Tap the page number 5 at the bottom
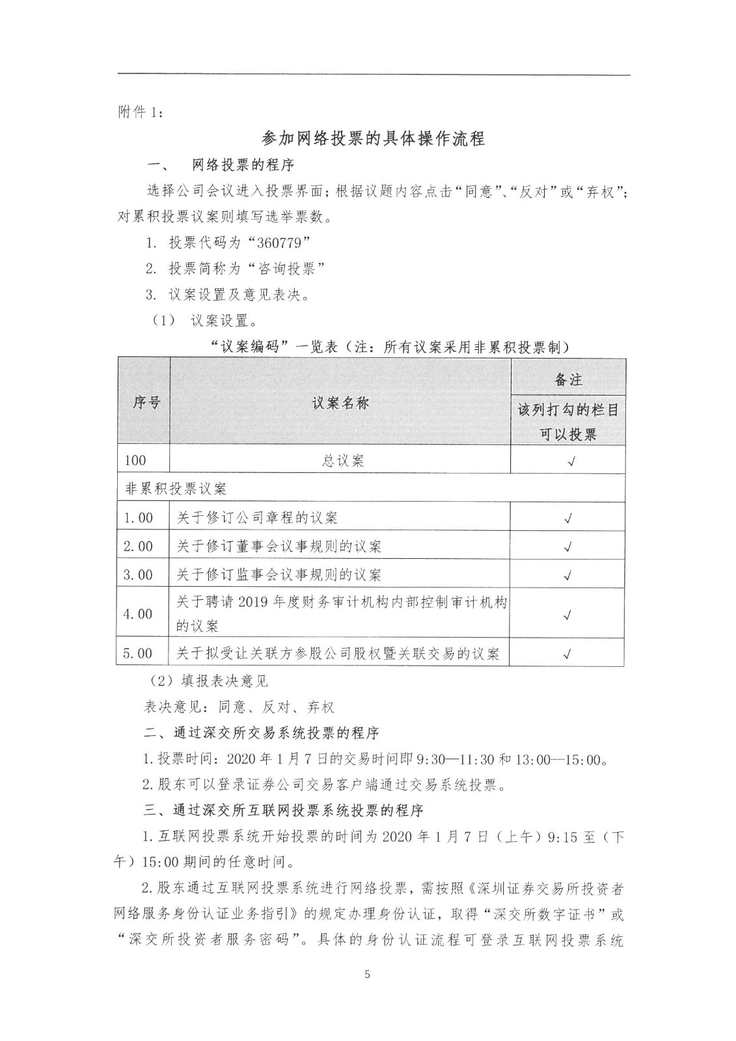(368, 974)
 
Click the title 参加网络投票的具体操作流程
(373, 139)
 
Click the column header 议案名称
(340, 403)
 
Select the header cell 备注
(568, 379)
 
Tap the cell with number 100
(135, 460)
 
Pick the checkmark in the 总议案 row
(569, 461)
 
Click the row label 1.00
(138, 518)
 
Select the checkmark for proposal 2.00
(568, 547)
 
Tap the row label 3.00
(138, 575)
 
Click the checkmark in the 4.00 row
(568, 615)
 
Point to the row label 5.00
(138, 653)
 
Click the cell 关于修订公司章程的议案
(256, 518)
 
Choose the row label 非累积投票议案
(176, 488)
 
